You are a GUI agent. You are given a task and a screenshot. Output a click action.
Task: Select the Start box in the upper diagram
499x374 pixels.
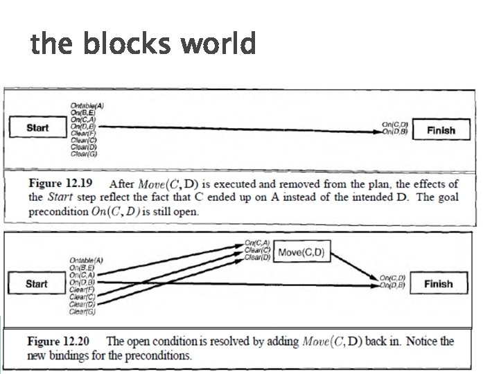pyautogui.click(x=37, y=128)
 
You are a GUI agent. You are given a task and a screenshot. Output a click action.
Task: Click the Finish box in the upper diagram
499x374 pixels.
pyautogui.click(x=441, y=130)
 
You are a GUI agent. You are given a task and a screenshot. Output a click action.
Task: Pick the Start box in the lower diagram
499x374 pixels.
pyautogui.click(x=37, y=284)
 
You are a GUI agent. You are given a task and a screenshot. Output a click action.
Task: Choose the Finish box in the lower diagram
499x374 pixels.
pyautogui.click(x=438, y=284)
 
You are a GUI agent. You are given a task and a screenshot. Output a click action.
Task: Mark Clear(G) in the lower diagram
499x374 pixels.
pyautogui.click(x=83, y=312)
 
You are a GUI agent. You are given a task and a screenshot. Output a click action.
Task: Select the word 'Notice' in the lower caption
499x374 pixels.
pyautogui.click(x=422, y=341)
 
